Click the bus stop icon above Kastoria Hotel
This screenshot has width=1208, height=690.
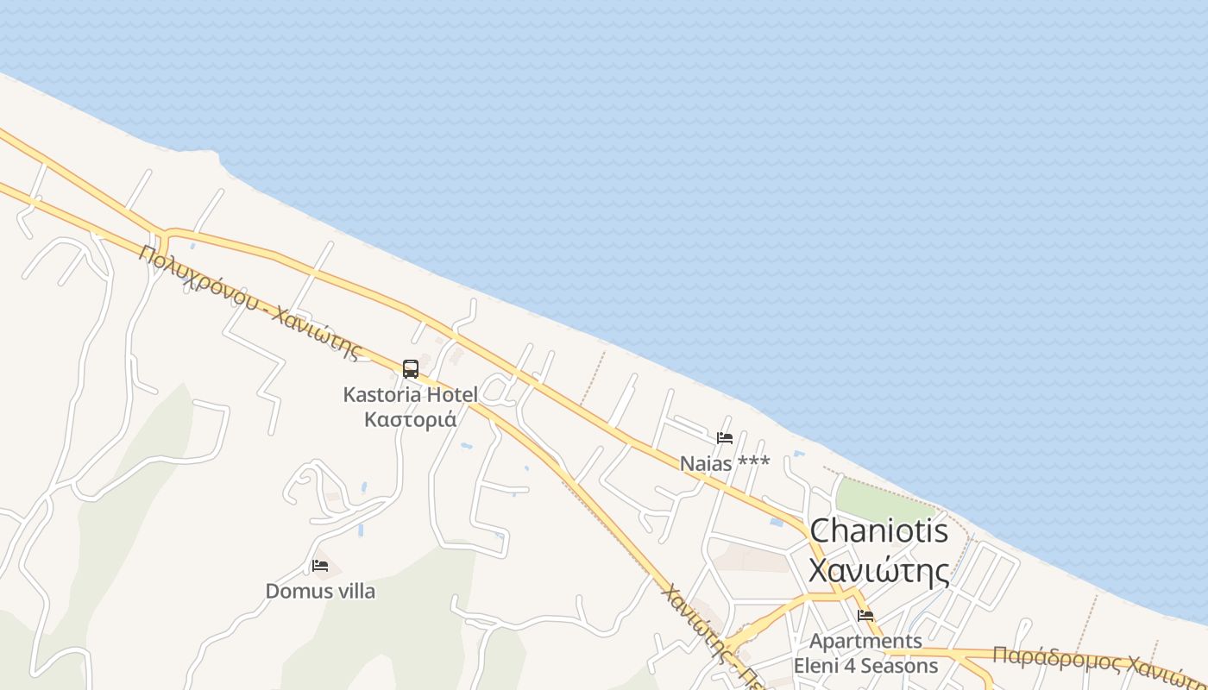pyautogui.click(x=411, y=369)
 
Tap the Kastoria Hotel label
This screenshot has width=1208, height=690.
pyautogui.click(x=410, y=395)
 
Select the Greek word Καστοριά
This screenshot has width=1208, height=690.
pyautogui.click(x=410, y=419)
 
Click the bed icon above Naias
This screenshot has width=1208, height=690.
pyautogui.click(x=725, y=438)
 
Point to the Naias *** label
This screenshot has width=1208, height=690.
pyautogui.click(x=725, y=463)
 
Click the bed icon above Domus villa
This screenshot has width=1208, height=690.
pyautogui.click(x=320, y=566)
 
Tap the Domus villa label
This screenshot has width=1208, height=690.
pyautogui.click(x=320, y=591)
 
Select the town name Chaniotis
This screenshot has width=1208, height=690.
pyautogui.click(x=878, y=530)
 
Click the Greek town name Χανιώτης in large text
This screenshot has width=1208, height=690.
pyautogui.click(x=878, y=569)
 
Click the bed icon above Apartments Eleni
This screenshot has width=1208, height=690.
pyautogui.click(x=865, y=615)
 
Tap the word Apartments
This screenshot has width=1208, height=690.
pyautogui.click(x=865, y=641)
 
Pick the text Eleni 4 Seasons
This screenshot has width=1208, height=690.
pyautogui.click(x=865, y=666)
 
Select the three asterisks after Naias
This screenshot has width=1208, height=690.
pyautogui.click(x=753, y=462)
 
